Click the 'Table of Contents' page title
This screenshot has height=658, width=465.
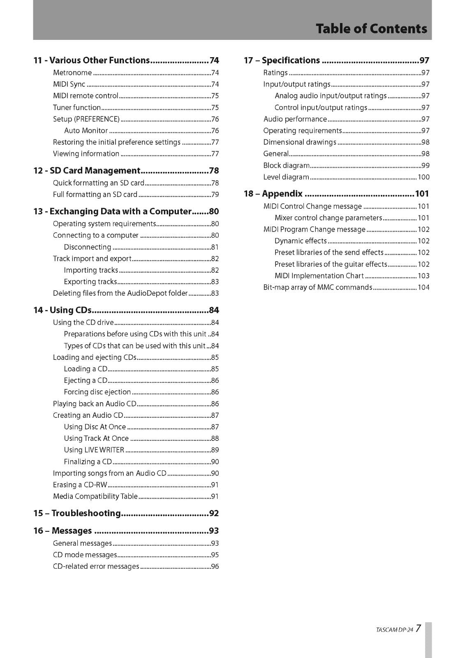coord(371,29)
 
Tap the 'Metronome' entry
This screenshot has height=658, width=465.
coord(72,73)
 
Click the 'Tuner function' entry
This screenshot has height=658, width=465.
coord(77,108)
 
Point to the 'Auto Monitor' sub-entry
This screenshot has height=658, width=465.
coord(86,131)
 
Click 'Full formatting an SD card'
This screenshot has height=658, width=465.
coord(95,195)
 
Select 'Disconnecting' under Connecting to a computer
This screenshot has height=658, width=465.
coord(88,247)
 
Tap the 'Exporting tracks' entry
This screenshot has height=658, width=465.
coord(90,282)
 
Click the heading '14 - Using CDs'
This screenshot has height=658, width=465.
coord(62,310)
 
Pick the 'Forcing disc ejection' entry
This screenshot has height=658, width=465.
coord(97,392)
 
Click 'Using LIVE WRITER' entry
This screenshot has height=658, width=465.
coord(94,450)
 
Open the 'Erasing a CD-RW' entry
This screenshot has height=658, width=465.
coord(80,485)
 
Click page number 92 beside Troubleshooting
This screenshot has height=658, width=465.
coord(214,513)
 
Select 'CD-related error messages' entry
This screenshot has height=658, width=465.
coord(96,566)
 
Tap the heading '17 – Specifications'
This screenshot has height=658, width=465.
coord(282,60)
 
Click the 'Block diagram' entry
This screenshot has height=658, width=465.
coord(287,165)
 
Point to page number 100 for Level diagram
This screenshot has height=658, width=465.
coord(423,177)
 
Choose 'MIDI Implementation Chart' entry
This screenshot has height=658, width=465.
coord(319,276)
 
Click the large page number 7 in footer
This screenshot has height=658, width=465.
coord(418,628)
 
